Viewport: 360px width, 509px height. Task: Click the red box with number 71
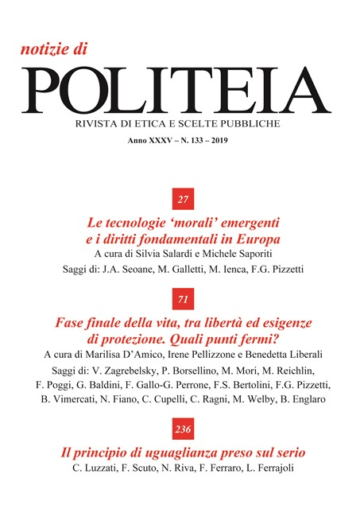coord(182,299)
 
